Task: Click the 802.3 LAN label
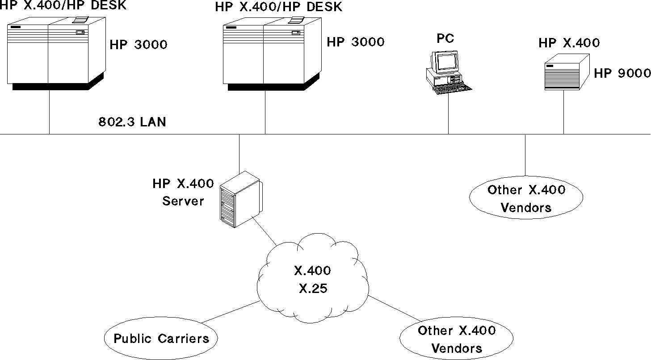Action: (x=132, y=122)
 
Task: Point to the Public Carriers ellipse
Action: (x=161, y=338)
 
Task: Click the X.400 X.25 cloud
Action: (x=313, y=279)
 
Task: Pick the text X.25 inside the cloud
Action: (x=313, y=288)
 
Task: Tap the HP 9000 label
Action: (x=622, y=73)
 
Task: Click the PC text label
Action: (x=445, y=39)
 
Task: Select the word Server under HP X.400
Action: (x=183, y=201)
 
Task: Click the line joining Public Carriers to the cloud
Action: (x=230, y=312)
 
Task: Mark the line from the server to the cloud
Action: (x=266, y=232)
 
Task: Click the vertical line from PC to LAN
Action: (x=449, y=114)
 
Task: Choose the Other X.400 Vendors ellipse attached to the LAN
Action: (x=526, y=198)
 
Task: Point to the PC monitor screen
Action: (x=447, y=62)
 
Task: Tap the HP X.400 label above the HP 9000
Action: (x=569, y=43)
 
